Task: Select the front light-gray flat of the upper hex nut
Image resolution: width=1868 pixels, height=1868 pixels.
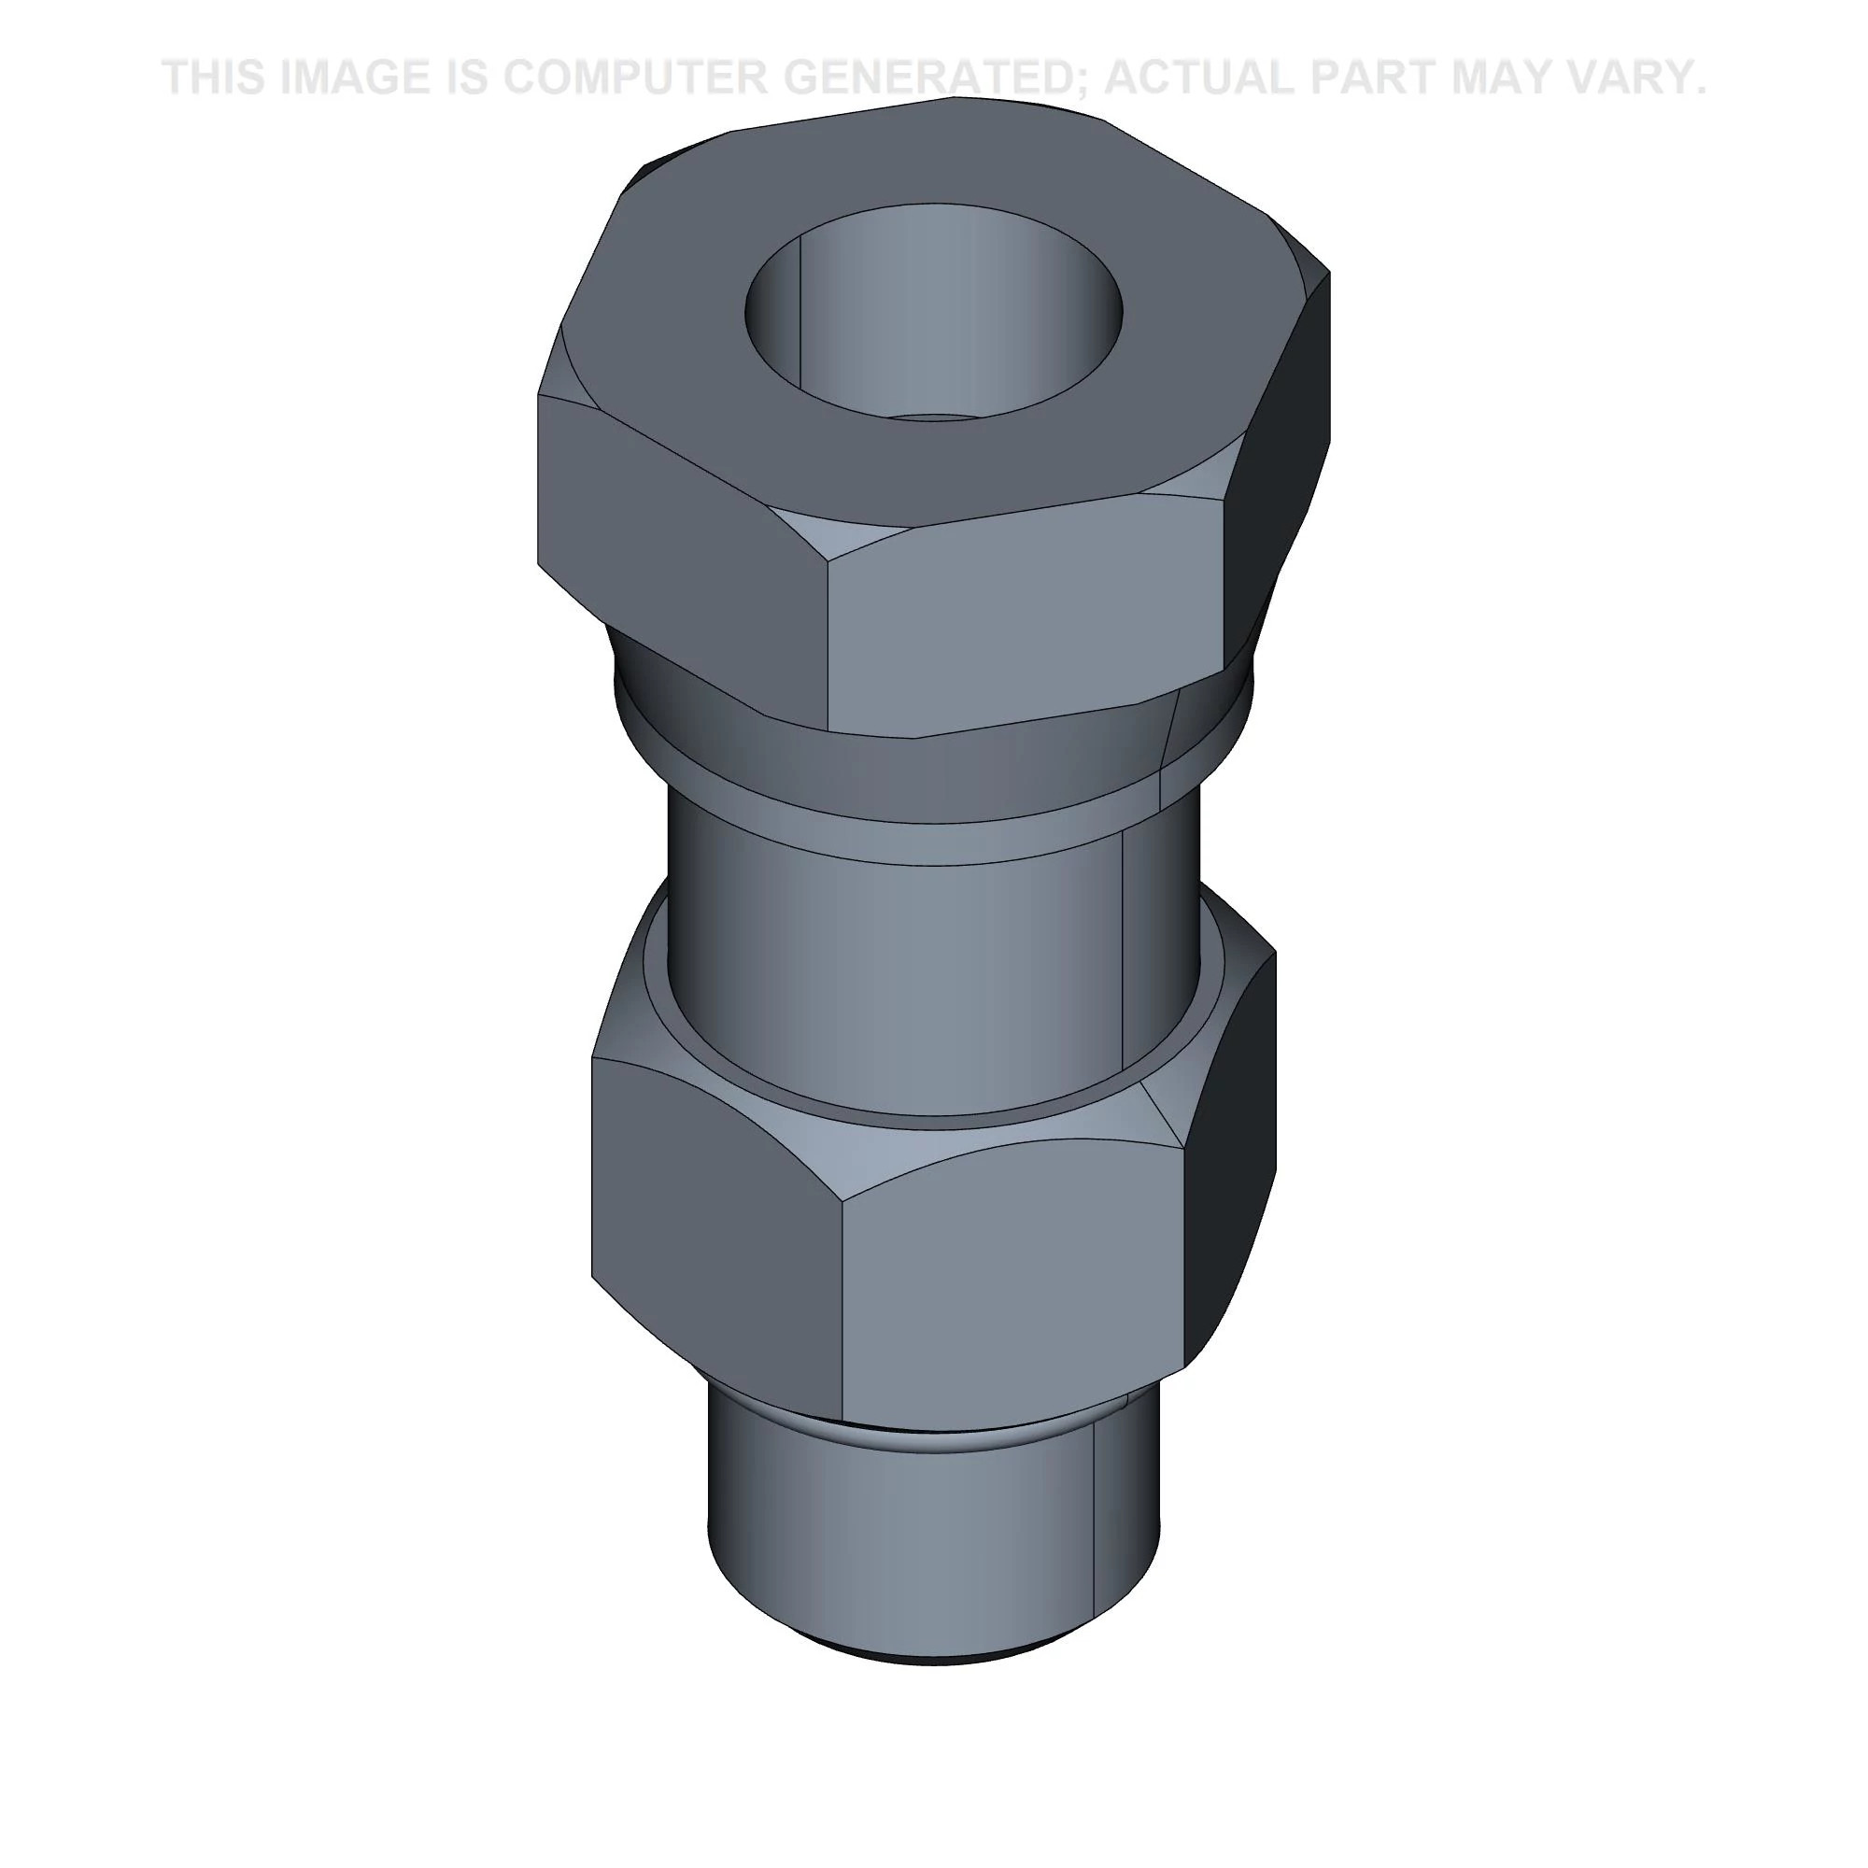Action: [x=1025, y=629]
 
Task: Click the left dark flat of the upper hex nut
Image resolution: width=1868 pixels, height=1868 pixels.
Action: [x=677, y=542]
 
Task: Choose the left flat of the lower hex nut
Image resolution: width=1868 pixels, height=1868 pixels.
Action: [x=715, y=1209]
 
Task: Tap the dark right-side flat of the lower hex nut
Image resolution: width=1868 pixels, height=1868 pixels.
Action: [x=1233, y=1160]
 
